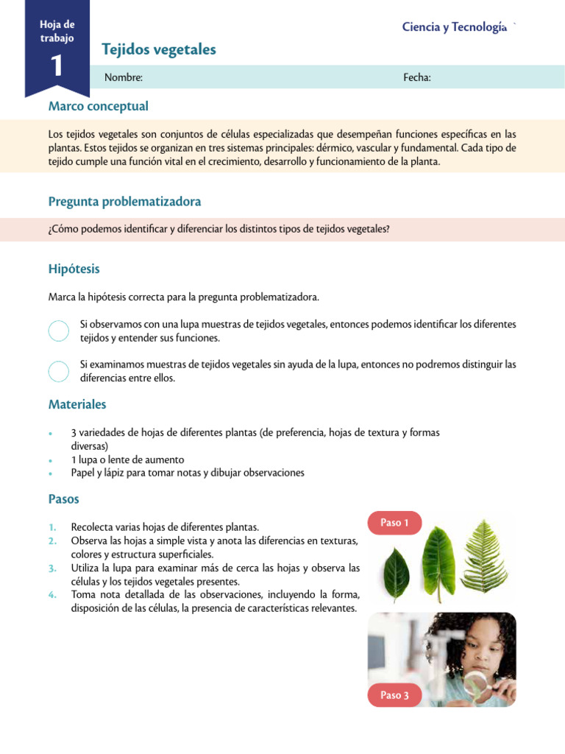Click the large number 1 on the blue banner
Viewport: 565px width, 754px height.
click(57, 66)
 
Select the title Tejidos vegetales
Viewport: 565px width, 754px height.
click(160, 49)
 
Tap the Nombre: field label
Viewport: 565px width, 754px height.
click(123, 77)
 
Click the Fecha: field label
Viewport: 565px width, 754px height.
click(416, 77)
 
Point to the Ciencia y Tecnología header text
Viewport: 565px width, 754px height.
click(454, 27)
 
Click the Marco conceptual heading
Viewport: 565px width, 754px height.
click(98, 106)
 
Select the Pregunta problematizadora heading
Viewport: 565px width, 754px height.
click(124, 201)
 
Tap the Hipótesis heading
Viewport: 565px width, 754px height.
click(74, 269)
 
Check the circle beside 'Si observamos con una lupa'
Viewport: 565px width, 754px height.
click(59, 331)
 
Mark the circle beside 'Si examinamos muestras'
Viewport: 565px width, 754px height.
click(59, 371)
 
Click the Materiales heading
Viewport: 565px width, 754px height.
click(77, 404)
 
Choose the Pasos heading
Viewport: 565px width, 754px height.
click(63, 498)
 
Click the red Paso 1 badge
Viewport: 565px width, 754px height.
click(394, 523)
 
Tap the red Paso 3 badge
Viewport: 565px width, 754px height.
click(394, 695)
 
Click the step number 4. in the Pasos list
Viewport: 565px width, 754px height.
click(52, 594)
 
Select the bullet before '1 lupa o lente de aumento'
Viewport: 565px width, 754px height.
click(49, 460)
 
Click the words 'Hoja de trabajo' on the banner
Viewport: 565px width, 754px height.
click(57, 31)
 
